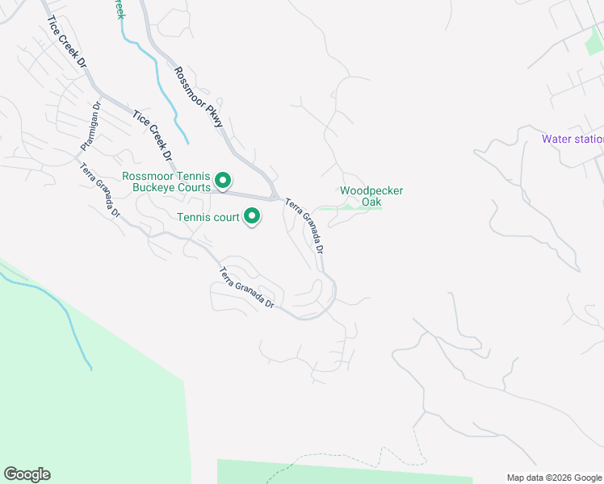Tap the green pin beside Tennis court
tap(253, 215)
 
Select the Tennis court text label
tap(208, 217)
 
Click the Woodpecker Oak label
tap(371, 196)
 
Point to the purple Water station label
tap(572, 139)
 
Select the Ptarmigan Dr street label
tap(90, 127)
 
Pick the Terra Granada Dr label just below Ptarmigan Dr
tap(100, 190)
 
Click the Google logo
tap(27, 474)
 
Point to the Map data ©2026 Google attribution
tap(554, 478)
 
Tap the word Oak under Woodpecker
tap(371, 202)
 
